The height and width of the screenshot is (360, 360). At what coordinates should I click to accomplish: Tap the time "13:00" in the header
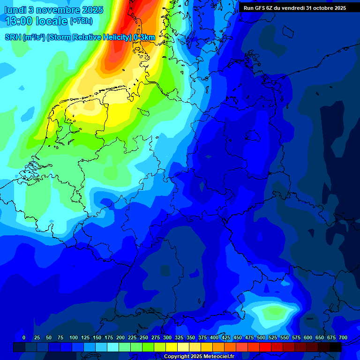pyautogui.click(x=19, y=21)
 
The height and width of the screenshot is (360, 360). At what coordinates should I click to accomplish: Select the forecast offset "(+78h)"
pyautogui.click(x=81, y=21)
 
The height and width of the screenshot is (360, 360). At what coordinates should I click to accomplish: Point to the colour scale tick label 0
pyautogui.click(x=24, y=337)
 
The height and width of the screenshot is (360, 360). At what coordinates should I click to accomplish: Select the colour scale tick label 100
pyautogui.click(x=74, y=337)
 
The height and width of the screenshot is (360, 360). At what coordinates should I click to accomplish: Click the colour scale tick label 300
pyautogui.click(x=167, y=337)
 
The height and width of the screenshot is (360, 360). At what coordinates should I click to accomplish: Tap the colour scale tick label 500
pyautogui.click(x=261, y=337)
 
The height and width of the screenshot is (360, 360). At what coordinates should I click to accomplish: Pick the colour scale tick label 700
pyautogui.click(x=343, y=337)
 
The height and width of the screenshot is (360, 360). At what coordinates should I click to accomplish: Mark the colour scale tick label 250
pyautogui.click(x=144, y=337)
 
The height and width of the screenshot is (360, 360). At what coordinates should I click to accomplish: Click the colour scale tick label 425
pyautogui.click(x=226, y=337)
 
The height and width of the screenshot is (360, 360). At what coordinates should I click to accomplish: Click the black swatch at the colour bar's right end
pyautogui.click(x=336, y=347)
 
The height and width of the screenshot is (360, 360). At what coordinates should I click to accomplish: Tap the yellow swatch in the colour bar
pyautogui.click(x=172, y=347)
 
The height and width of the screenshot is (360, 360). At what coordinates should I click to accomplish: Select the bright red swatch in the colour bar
pyautogui.click(x=265, y=347)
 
